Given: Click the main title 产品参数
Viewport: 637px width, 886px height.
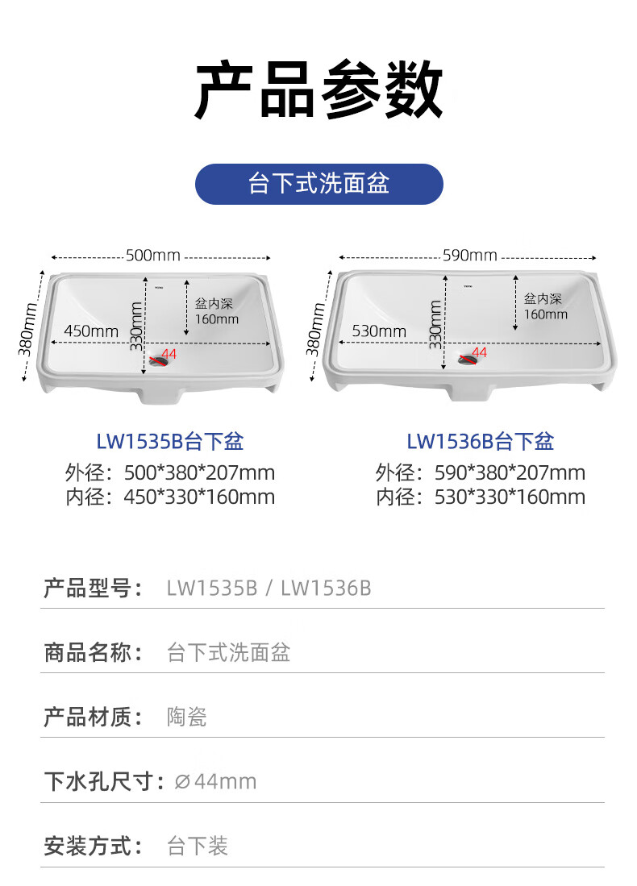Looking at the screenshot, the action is click(x=318, y=91).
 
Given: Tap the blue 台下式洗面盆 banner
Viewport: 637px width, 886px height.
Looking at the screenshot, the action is click(x=318, y=184).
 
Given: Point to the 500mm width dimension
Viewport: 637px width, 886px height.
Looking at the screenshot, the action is click(x=153, y=256).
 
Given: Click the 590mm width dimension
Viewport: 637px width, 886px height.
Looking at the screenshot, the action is click(x=469, y=256).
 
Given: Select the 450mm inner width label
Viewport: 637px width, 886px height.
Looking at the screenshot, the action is click(x=91, y=331).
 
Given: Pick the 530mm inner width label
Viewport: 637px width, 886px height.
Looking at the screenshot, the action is click(x=379, y=331).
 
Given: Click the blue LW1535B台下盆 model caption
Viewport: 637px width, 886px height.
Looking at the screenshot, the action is click(x=169, y=442).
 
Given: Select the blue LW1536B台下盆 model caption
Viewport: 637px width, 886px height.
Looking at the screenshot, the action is click(x=480, y=442).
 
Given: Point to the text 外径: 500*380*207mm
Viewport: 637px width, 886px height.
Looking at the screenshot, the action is click(x=170, y=472).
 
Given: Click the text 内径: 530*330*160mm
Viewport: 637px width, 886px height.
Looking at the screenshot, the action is click(x=481, y=497).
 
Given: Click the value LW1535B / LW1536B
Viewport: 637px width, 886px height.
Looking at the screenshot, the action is click(x=269, y=588).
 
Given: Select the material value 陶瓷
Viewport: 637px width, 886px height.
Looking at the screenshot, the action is click(x=187, y=717).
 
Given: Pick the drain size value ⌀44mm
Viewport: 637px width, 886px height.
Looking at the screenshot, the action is click(x=216, y=781).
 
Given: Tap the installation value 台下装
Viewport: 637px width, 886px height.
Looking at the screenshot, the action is click(x=198, y=846).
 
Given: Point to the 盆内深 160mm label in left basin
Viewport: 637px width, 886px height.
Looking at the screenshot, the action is click(x=216, y=311).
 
